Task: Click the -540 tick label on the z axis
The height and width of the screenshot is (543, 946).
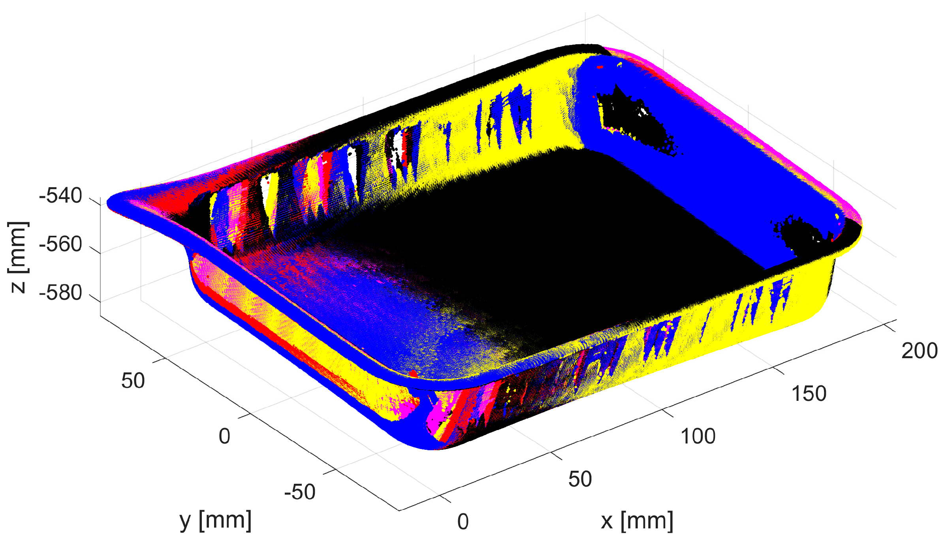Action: pyautogui.click(x=60, y=196)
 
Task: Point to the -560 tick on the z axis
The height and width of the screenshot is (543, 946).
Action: pyautogui.click(x=60, y=244)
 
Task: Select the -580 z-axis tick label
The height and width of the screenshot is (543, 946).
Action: pyautogui.click(x=60, y=293)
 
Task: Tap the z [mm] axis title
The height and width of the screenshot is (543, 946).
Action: pyautogui.click(x=18, y=257)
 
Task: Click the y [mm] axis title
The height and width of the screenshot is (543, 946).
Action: pyautogui.click(x=216, y=520)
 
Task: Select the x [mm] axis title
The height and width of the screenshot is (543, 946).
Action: pyautogui.click(x=637, y=521)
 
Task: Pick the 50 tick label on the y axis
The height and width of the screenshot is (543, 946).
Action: pyautogui.click(x=133, y=381)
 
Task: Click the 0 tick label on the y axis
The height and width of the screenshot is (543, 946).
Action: pyautogui.click(x=224, y=436)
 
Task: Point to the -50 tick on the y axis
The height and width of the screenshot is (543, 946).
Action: pyautogui.click(x=300, y=492)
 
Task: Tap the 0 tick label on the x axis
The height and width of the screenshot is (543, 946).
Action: pyautogui.click(x=463, y=522)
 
